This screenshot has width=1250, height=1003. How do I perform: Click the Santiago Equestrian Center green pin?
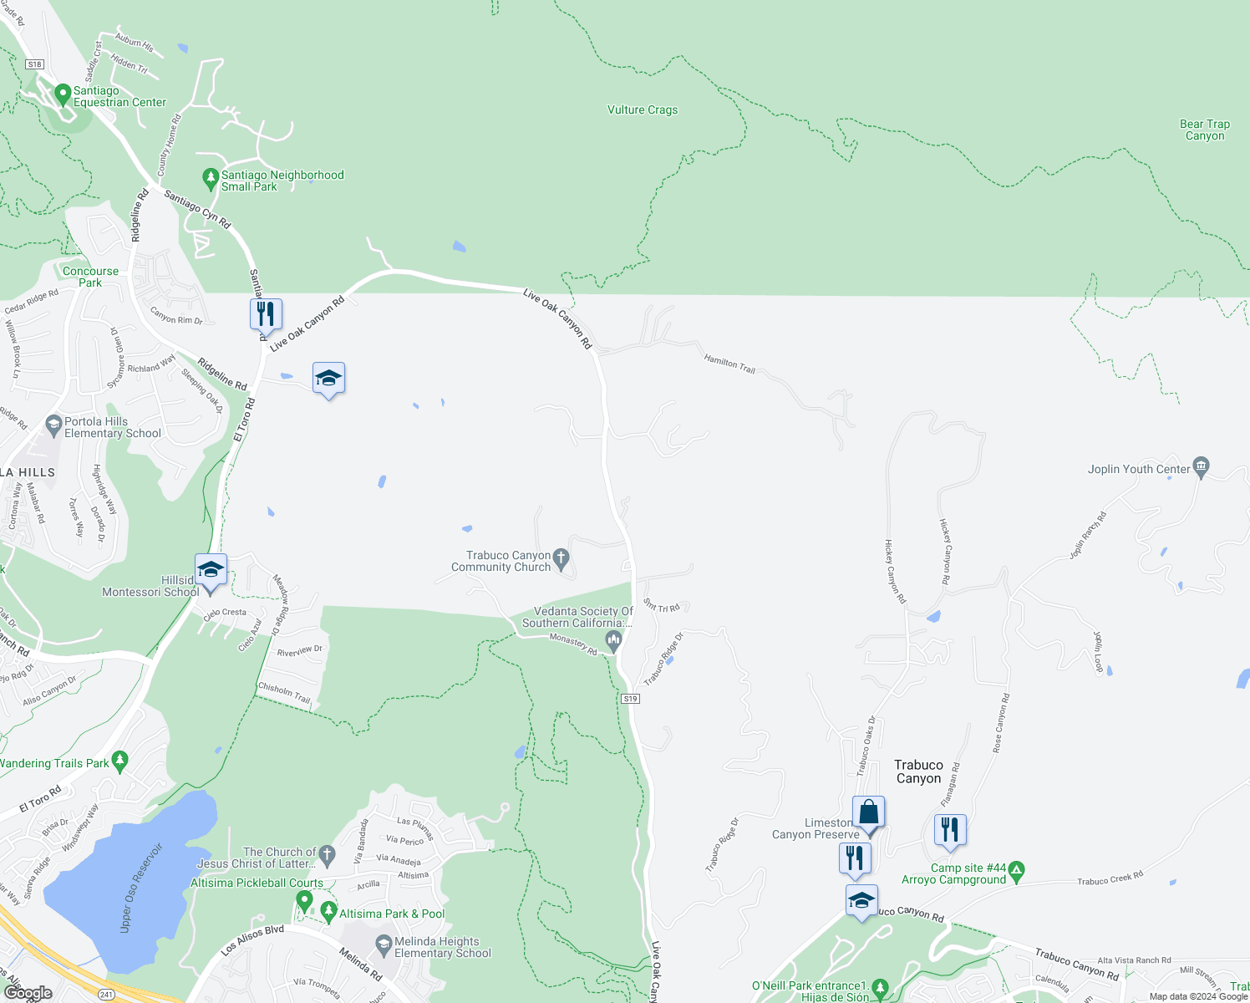click(x=62, y=94)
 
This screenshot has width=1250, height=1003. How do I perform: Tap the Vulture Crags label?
click(x=642, y=109)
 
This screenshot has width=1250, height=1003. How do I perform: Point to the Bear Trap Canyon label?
click(x=1204, y=130)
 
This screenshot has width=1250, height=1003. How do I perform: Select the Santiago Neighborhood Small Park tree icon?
click(x=211, y=179)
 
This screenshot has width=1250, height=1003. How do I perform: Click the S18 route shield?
click(x=34, y=64)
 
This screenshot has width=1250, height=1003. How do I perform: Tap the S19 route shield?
click(x=630, y=699)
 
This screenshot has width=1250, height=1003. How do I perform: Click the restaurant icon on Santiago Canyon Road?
click(x=266, y=314)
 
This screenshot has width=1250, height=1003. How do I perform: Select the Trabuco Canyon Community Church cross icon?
click(x=561, y=557)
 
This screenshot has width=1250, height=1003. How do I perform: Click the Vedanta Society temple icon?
click(x=614, y=641)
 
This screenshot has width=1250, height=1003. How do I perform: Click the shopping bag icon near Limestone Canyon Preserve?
click(x=868, y=812)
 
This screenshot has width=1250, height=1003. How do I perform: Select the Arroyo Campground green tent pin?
click(x=1017, y=871)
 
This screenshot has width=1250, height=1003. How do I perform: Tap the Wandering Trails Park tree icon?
click(x=120, y=761)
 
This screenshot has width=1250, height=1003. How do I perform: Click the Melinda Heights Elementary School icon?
click(x=384, y=945)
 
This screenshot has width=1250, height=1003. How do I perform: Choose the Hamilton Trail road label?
click(x=729, y=364)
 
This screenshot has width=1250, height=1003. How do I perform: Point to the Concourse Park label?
click(x=90, y=277)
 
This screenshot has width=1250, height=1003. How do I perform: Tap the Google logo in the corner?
click(x=28, y=993)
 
